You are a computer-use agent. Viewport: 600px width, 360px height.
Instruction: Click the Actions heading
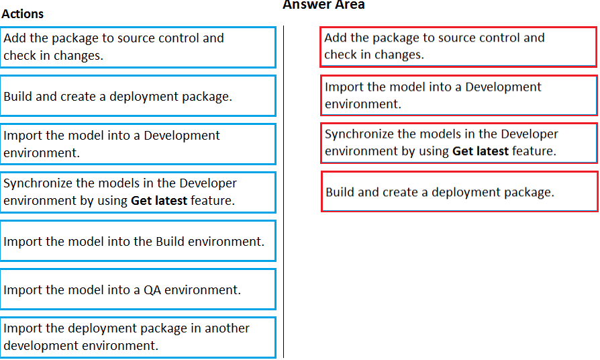(23, 14)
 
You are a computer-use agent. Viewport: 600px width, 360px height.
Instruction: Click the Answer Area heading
(323, 5)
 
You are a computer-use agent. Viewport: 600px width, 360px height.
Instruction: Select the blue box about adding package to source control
(138, 47)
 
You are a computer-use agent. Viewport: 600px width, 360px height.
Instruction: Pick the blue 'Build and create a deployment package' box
(138, 96)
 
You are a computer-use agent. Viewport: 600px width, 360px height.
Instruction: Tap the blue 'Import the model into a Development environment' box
(138, 144)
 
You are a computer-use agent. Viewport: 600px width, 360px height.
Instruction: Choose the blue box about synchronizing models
(138, 192)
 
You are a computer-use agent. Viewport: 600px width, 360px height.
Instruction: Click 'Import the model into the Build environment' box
(138, 241)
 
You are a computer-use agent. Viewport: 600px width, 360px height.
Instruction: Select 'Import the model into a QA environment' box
(138, 289)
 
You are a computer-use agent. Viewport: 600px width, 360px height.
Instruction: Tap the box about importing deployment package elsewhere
(138, 337)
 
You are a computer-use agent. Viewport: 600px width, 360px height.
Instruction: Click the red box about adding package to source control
(458, 47)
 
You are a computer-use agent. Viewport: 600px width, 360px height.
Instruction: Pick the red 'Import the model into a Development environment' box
(459, 95)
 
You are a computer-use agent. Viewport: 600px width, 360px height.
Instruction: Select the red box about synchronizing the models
(459, 143)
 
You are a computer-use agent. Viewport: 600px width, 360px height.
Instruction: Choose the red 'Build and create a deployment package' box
(459, 191)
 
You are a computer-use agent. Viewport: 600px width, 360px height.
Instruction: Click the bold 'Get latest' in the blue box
(159, 201)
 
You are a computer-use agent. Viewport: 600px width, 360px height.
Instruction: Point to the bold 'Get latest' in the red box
(481, 151)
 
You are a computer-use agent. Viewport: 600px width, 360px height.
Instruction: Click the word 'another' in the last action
(227, 328)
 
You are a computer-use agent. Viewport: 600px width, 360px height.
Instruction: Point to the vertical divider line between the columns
(283, 191)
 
